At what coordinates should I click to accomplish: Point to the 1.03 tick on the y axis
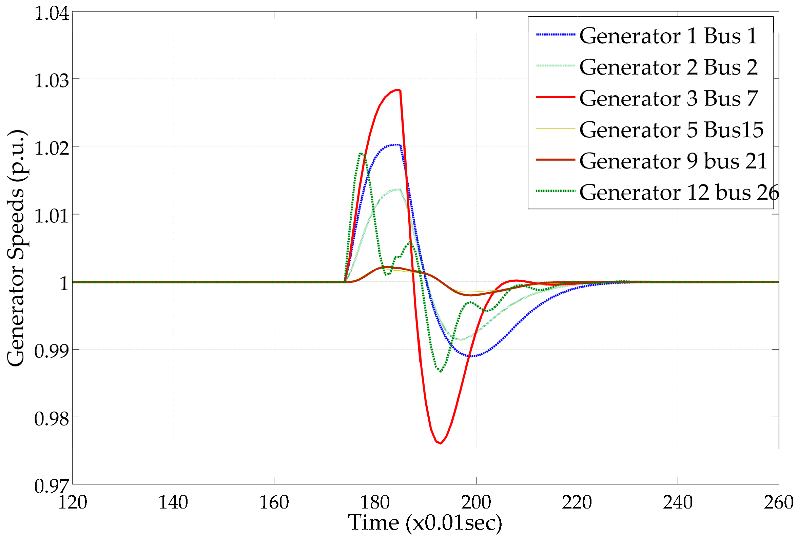[x=52, y=81]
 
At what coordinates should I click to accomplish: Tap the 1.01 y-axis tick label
[x=52, y=216]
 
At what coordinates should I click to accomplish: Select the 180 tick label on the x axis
[x=375, y=502]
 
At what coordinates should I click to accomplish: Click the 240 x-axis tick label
[x=678, y=502]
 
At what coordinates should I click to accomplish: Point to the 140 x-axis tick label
[x=173, y=502]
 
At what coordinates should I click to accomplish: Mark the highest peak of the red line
[x=397, y=90]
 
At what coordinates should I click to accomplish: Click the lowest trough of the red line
[x=441, y=443]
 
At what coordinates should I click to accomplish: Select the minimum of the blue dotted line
[x=472, y=356]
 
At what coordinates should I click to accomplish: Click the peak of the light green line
[x=397, y=189]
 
